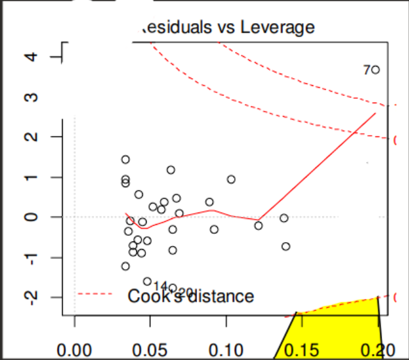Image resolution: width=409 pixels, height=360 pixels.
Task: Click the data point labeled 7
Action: pos(376,70)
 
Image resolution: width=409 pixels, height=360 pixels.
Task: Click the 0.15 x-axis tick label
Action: pos(302,349)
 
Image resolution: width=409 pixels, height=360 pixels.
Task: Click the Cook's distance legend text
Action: pos(191,296)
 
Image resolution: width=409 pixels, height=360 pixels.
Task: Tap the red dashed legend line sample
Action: pos(96,295)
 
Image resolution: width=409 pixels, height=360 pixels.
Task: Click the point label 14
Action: pos(160,286)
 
